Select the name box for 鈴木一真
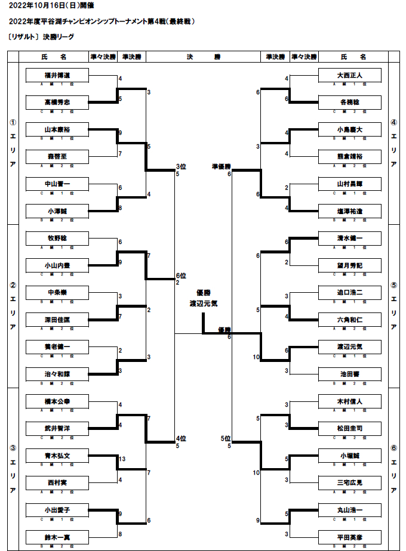pyautogui.click(x=57, y=537)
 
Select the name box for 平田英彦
pyautogui.click(x=349, y=537)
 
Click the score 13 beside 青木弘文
pyautogui.click(x=122, y=459)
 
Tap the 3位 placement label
pyautogui.click(x=181, y=166)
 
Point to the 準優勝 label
pyautogui.click(x=221, y=166)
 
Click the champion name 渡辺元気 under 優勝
pyautogui.click(x=203, y=304)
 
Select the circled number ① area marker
pyautogui.click(x=13, y=123)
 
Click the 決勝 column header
pyautogui.click(x=203, y=57)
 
